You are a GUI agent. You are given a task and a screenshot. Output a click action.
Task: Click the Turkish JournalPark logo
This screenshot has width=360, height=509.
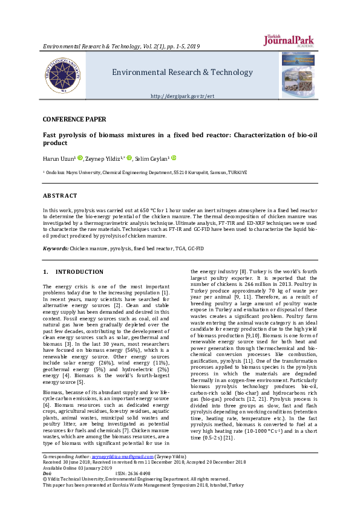(x=289, y=40)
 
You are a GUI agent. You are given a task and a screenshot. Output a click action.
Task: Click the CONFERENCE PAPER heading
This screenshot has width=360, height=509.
(x=74, y=120)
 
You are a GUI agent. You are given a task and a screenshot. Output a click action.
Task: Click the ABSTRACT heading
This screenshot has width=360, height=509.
(x=60, y=196)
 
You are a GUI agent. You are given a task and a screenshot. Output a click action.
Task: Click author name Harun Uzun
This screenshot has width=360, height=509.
(x=58, y=158)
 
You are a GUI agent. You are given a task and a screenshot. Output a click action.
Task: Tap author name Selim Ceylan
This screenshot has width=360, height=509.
(x=152, y=158)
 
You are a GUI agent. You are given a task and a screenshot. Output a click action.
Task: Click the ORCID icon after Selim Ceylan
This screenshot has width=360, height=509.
(x=174, y=158)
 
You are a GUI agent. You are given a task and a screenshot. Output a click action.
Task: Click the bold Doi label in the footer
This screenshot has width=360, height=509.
(x=47, y=473)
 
